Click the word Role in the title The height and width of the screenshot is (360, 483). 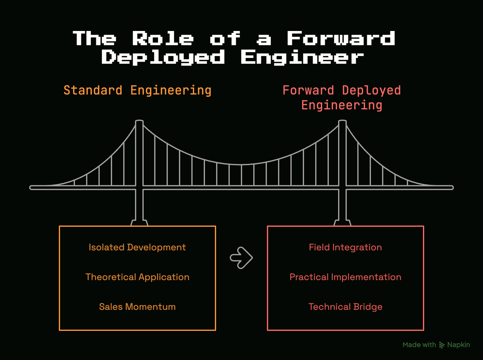[163, 38]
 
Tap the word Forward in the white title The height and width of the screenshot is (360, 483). [341, 38]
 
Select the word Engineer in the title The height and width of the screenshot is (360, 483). [302, 57]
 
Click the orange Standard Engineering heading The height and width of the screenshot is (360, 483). [137, 90]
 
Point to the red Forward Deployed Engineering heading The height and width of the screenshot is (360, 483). [342, 98]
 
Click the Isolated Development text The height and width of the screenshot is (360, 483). [137, 247]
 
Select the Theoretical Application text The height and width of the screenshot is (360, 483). [137, 277]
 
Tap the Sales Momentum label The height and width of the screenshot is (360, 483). [137, 307]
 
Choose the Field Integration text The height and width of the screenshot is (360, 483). [345, 248]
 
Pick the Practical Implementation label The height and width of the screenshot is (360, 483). [345, 277]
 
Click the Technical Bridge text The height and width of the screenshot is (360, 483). [345, 307]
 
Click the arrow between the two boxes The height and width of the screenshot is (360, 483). [241, 258]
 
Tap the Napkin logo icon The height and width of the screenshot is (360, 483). [442, 345]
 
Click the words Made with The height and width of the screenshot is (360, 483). [419, 345]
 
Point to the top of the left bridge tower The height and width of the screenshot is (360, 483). [139, 121]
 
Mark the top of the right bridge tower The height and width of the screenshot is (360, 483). [342, 121]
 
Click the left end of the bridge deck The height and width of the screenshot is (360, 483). [30, 188]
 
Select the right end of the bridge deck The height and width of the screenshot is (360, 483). [453, 188]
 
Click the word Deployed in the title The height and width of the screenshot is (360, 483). [163, 57]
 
